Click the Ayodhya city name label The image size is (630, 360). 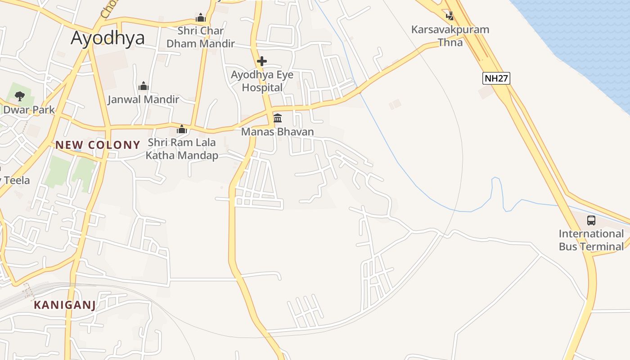(x=108, y=38)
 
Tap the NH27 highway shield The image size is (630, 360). (x=496, y=78)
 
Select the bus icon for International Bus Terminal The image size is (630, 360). (x=591, y=220)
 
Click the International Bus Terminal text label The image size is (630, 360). (x=591, y=240)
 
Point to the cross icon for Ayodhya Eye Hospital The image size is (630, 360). (x=262, y=61)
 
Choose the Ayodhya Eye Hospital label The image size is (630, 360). (x=262, y=81)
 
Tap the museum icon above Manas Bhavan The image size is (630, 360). (x=278, y=118)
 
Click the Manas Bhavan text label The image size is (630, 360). (x=277, y=131)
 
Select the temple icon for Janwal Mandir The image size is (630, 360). (x=144, y=86)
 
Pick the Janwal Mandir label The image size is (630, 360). (x=143, y=99)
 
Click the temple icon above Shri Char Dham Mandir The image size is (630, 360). (x=201, y=18)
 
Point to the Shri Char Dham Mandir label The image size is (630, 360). (x=201, y=37)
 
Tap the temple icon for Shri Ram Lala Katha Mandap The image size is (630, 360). (x=182, y=130)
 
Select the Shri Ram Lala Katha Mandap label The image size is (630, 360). (x=182, y=149)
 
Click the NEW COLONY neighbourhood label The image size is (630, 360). (x=98, y=145)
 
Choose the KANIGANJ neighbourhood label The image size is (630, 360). (x=65, y=305)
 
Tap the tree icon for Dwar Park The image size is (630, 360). (x=19, y=96)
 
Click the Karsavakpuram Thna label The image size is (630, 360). (x=450, y=36)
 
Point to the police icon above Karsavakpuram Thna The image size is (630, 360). (x=450, y=16)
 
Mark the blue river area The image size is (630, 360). (x=585, y=36)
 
